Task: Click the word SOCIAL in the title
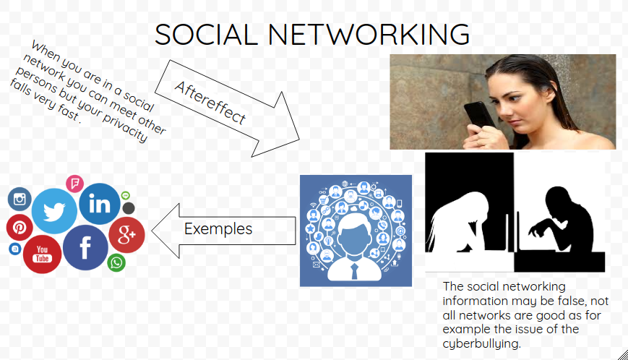tap(206, 34)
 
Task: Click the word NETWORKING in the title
tap(369, 34)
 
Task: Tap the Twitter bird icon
tap(54, 211)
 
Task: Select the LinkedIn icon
tap(100, 204)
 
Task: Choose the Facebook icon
tap(85, 247)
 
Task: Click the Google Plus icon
tap(126, 235)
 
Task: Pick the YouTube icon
tap(42, 254)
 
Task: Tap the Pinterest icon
tap(20, 228)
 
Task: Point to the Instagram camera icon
tap(20, 199)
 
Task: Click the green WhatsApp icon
tap(116, 262)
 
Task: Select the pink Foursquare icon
tap(75, 184)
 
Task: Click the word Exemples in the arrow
tap(218, 228)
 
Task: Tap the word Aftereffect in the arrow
tap(210, 103)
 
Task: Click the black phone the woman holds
tap(479, 117)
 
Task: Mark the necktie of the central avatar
tap(354, 271)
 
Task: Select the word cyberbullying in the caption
tap(481, 344)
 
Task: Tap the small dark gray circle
tap(128, 208)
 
